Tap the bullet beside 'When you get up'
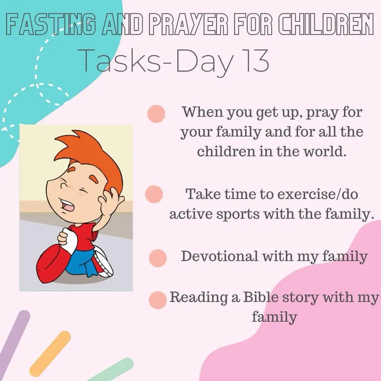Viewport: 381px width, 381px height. pos(156,114)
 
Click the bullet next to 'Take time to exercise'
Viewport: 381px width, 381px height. pos(154,194)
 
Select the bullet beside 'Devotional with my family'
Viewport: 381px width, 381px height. pos(158,258)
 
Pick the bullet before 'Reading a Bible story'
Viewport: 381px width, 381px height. pos(158,300)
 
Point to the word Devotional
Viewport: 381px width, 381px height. pos(220,256)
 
